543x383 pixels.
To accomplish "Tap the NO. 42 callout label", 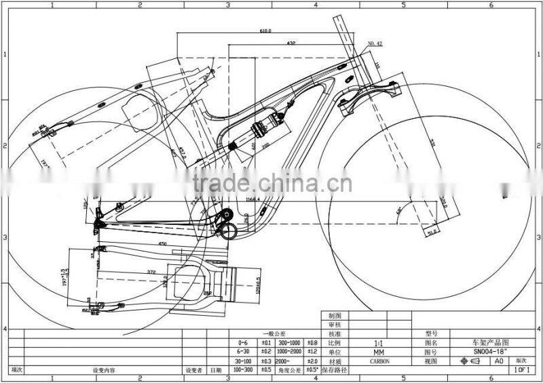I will point(375,43).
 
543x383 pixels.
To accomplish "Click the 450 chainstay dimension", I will point(162,243).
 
